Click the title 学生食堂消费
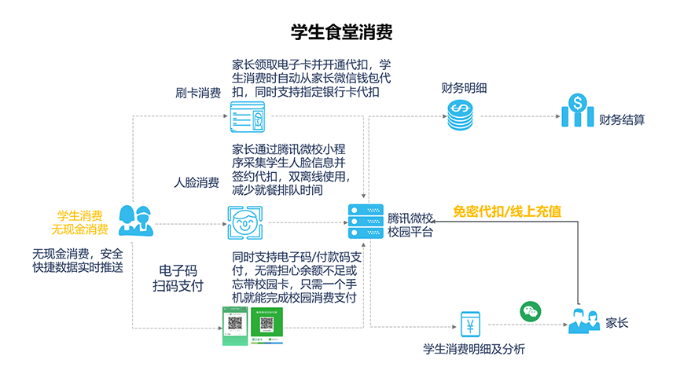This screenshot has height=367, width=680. click(340, 33)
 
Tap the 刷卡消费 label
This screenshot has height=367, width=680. click(197, 94)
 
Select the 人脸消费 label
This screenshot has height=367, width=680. click(197, 183)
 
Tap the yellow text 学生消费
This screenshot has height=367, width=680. click(79, 216)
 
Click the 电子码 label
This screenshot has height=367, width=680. click(177, 270)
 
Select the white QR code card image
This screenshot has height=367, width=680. click(266, 325)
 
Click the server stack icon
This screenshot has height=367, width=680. click(362, 223)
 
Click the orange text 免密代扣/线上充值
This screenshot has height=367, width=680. click(507, 211)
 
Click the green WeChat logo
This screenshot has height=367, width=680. click(531, 312)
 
